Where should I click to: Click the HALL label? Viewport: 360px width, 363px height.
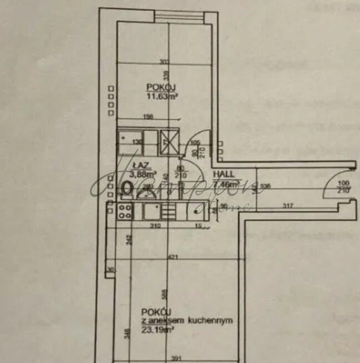[224, 173]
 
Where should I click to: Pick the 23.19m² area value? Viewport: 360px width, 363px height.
[158, 329]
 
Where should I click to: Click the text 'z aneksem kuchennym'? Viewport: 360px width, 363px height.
[186, 320]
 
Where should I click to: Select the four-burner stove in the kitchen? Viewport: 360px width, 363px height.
[125, 211]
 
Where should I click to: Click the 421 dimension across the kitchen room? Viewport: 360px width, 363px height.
[174, 256]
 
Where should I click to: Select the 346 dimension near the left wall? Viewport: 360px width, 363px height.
[127, 334]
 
